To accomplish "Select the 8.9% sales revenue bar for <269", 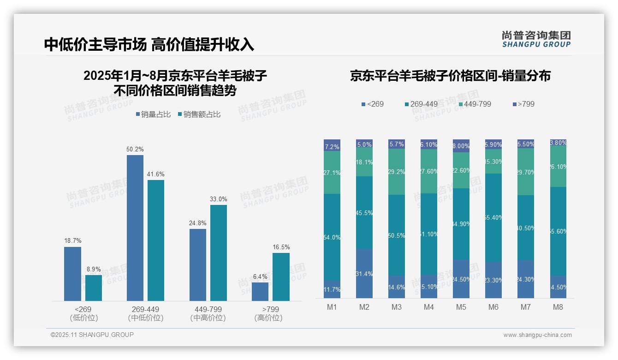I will (x=94, y=288).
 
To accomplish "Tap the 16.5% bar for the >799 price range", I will (x=281, y=277).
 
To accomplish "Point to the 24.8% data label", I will (x=198, y=223).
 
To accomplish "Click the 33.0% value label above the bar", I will (x=218, y=199).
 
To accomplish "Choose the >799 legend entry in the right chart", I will (x=523, y=104).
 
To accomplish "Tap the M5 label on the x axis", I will (x=461, y=307).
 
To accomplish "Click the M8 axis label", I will (x=558, y=307).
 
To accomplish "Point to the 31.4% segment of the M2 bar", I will (x=364, y=273).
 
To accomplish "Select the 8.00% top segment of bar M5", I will (x=461, y=146).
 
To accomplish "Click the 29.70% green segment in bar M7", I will (x=526, y=172).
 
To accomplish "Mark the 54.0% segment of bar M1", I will (x=332, y=237).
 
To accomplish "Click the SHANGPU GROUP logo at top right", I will (x=536, y=39).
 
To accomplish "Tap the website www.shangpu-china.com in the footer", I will (x=537, y=335).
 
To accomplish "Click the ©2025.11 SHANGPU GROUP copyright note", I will (x=92, y=335).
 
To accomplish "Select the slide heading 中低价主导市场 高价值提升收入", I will (x=149, y=44).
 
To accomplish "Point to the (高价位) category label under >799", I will (x=268, y=318).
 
